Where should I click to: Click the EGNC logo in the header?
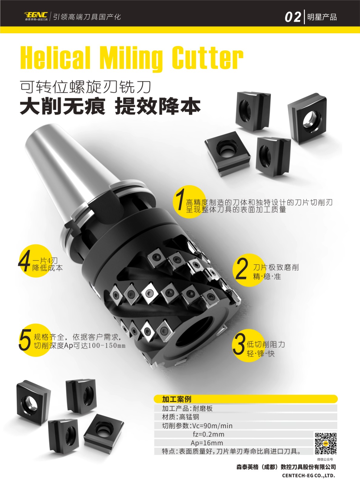point(36,16)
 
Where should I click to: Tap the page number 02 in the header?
point(293,17)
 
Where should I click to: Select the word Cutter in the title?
point(207,57)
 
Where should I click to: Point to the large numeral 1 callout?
point(180,199)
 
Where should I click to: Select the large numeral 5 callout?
point(25,340)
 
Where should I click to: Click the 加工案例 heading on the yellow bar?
point(177,399)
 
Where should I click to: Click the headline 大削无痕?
point(63,107)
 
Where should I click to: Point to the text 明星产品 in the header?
point(322,17)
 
